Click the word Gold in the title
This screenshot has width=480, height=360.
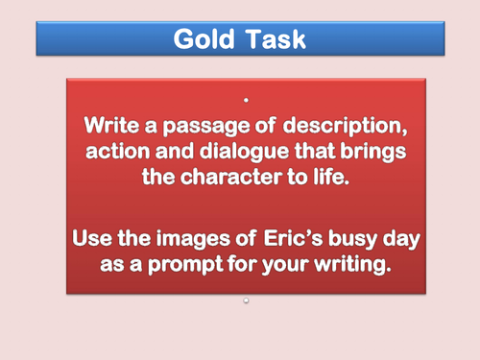coord(206,39)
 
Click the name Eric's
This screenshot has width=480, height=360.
coord(300,235)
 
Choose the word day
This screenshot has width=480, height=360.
coord(418,235)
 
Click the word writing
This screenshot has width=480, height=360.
coord(353,262)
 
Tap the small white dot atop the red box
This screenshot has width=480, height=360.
coord(247,100)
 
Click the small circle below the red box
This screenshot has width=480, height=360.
coord(247,300)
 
